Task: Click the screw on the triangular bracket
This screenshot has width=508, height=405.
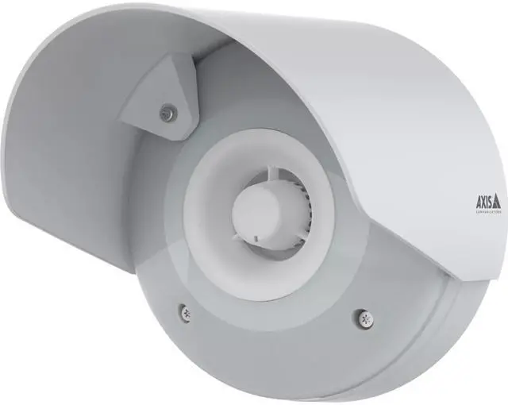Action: (x=166, y=114)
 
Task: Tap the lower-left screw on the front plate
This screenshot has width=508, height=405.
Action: (x=183, y=312)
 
